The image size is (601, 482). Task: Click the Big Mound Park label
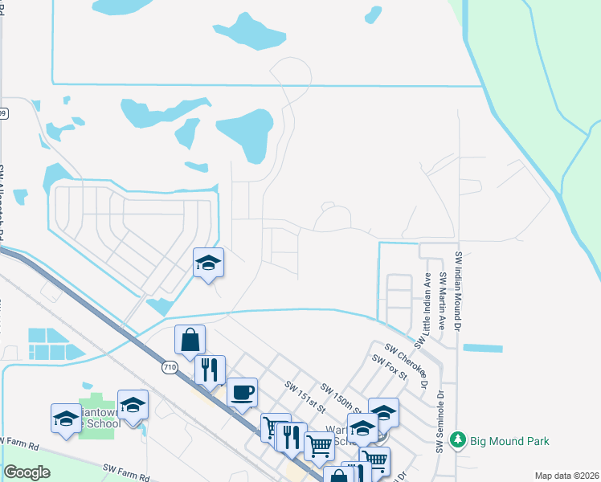(x=509, y=440)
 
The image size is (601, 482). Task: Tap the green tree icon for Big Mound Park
(x=458, y=440)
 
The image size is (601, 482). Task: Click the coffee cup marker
(x=242, y=392)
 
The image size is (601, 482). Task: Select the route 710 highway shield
(x=169, y=367)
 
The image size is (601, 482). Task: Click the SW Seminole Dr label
(x=440, y=421)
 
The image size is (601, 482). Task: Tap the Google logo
(x=27, y=472)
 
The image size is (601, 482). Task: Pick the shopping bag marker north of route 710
(x=190, y=340)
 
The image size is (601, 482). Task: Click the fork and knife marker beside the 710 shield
(x=210, y=370)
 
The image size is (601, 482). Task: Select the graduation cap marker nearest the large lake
(x=209, y=263)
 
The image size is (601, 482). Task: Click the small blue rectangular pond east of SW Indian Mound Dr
(x=483, y=349)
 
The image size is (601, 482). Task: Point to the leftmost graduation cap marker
(x=66, y=418)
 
